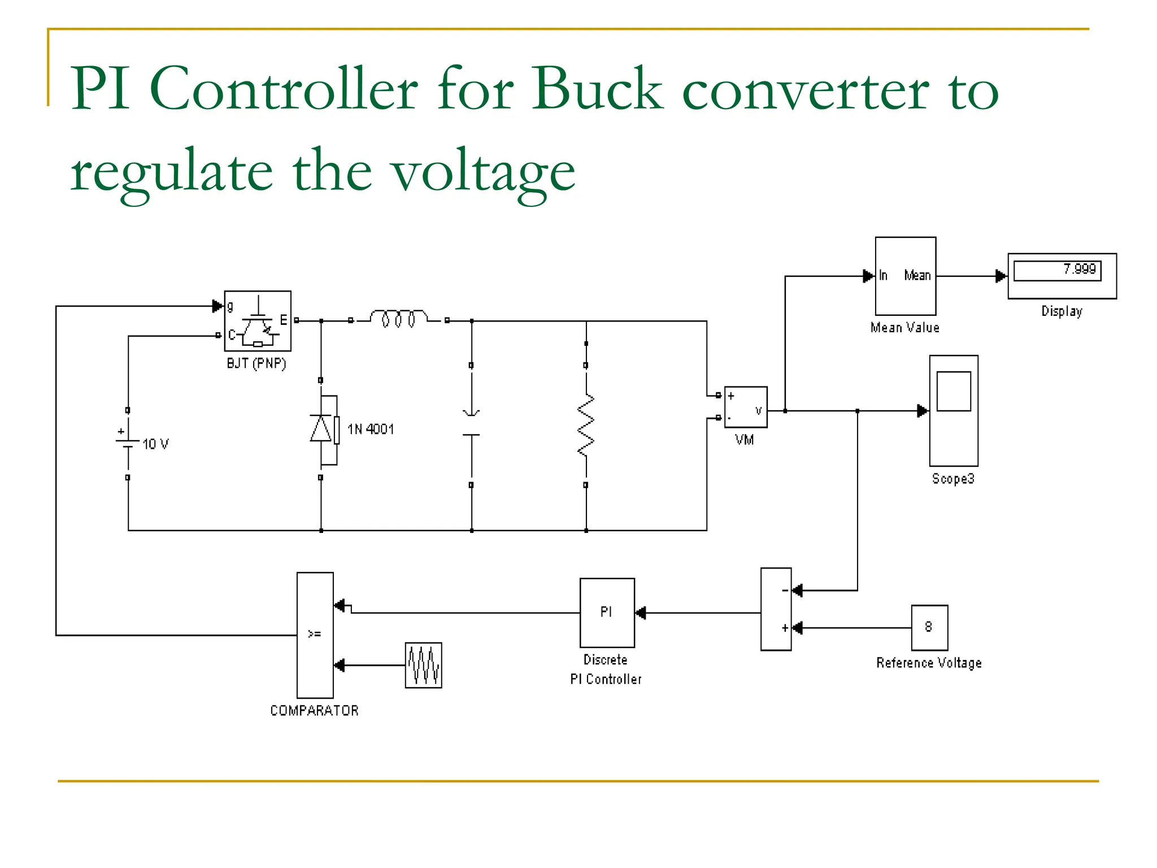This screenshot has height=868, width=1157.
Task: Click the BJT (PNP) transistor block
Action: [258, 321]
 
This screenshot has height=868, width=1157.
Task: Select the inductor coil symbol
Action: [399, 319]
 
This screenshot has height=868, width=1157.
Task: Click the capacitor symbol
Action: [471, 424]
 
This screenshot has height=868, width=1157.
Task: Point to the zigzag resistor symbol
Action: [586, 425]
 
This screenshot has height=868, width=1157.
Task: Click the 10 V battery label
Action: [155, 444]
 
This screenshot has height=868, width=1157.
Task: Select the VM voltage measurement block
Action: [746, 407]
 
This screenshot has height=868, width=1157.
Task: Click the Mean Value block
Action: [905, 276]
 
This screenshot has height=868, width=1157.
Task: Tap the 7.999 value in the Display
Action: [1079, 269]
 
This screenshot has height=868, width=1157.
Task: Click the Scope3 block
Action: [954, 410]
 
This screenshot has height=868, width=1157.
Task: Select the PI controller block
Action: [607, 613]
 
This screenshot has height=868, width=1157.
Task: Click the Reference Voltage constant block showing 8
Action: [929, 627]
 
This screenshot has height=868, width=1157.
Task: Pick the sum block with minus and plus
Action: [776, 609]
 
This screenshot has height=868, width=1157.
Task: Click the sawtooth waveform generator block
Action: [423, 665]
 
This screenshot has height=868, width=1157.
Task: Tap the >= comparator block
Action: [315, 635]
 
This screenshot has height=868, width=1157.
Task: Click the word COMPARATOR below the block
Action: [314, 710]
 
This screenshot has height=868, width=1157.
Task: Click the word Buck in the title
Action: [597, 89]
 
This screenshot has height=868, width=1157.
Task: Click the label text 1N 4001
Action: [371, 429]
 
